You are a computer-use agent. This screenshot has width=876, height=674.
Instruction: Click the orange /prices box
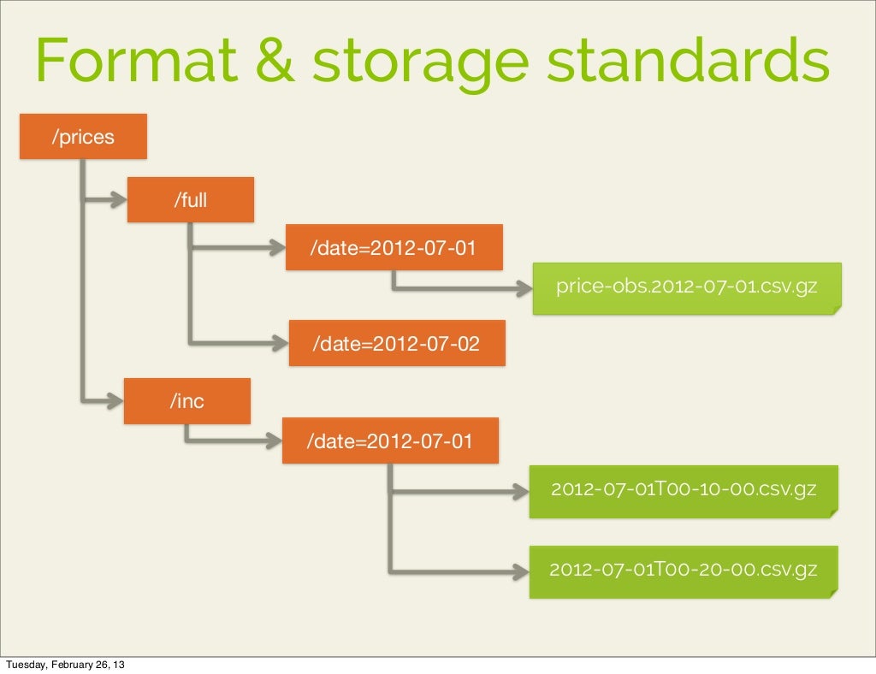click(84, 137)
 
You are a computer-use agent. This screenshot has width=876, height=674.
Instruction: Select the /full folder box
click(191, 200)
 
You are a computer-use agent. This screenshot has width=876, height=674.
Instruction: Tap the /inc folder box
click(187, 401)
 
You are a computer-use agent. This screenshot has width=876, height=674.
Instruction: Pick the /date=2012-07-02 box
click(397, 343)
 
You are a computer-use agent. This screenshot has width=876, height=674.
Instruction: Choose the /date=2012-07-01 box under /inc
click(390, 440)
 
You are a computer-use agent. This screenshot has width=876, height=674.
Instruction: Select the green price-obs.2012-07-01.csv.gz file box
click(687, 288)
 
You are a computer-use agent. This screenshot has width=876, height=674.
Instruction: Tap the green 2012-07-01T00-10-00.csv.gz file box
click(684, 491)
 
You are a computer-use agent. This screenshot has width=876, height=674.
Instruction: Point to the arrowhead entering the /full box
click(121, 201)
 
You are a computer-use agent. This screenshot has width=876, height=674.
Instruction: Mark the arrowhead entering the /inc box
click(117, 399)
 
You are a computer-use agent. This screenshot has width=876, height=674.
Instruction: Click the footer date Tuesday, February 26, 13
click(68, 665)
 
